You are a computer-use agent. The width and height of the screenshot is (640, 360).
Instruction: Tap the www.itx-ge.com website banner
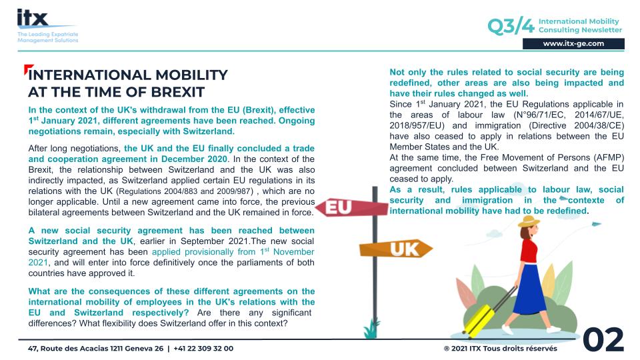click(573, 43)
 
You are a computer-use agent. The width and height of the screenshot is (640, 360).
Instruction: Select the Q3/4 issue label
click(511, 26)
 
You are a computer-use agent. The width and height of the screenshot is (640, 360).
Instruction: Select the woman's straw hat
click(529, 221)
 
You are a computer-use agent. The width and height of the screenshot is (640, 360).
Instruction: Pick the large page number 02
click(603, 340)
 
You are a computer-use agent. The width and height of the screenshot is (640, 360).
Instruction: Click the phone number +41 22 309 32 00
click(203, 348)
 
